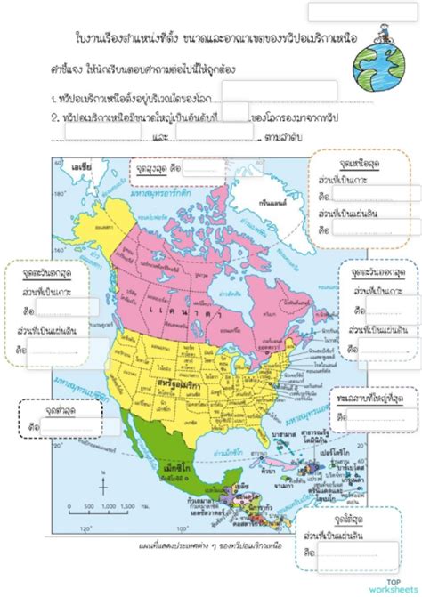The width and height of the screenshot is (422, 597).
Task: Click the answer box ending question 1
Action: tap(279, 93)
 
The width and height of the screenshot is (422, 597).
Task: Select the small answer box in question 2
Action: tap(234, 114)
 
